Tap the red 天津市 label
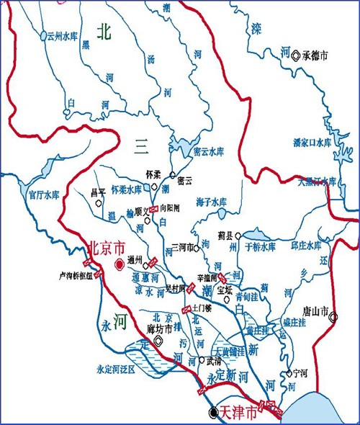coord(238,412)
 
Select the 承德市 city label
coord(315,54)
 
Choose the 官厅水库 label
coord(42,194)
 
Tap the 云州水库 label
coord(61,35)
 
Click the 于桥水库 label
coord(260,247)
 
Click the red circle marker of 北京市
coord(119,265)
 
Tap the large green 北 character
coord(105,32)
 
